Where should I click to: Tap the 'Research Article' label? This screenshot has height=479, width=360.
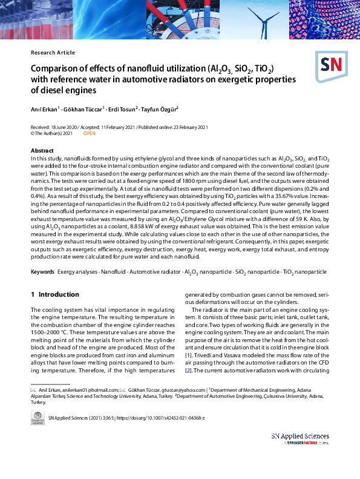point(53,53)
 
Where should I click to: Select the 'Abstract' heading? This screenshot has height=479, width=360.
point(42,150)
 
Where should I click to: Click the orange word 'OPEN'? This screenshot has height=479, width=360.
point(89,133)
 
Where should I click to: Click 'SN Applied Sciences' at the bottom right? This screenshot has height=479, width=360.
point(300,436)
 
